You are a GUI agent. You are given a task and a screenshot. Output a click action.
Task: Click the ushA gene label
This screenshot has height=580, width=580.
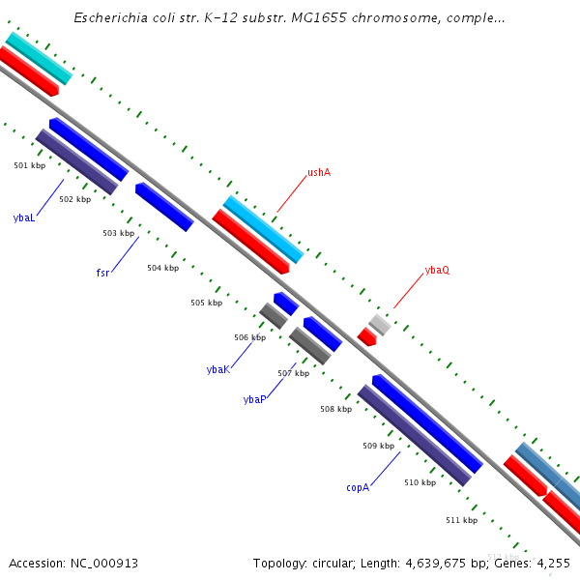(x=319, y=172)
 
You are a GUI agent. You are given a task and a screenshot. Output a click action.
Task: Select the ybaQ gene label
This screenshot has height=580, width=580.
(x=437, y=270)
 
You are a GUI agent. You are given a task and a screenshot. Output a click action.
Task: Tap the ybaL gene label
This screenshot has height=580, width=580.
(x=24, y=217)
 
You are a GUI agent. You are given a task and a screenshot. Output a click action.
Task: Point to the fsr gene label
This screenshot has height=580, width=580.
(x=102, y=273)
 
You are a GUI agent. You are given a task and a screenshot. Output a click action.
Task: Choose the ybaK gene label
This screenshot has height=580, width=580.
(x=217, y=369)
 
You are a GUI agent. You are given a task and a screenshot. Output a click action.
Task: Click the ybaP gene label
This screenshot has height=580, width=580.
(x=254, y=399)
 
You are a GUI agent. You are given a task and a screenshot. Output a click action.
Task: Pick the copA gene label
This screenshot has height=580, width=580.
(x=358, y=487)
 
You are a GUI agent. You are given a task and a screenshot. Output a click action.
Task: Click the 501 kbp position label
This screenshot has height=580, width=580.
(x=29, y=165)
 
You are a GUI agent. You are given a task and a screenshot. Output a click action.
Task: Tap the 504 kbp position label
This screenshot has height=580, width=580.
(x=162, y=268)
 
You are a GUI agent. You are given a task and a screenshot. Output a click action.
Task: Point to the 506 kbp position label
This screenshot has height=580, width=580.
(x=249, y=337)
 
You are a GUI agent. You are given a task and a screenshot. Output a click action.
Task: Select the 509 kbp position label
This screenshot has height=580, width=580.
(x=378, y=446)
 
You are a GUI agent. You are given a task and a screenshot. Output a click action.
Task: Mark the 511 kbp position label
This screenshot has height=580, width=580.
(x=461, y=520)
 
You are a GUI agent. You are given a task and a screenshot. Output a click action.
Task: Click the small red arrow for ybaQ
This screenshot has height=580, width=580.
(x=367, y=336)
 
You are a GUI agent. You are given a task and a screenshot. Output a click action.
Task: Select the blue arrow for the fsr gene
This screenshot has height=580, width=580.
(x=164, y=207)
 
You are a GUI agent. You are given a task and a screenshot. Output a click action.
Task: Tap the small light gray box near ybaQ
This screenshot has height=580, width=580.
(x=380, y=324)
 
